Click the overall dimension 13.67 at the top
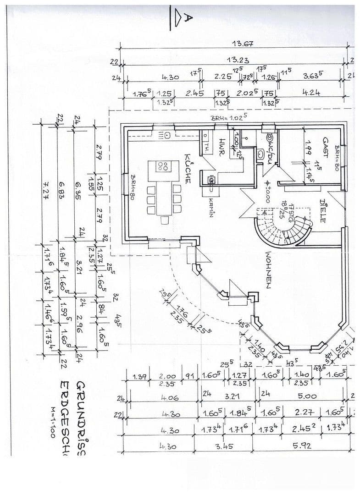coord(243,44)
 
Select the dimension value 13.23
coord(238,60)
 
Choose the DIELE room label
coord(322,210)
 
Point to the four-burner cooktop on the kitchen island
coord(162,166)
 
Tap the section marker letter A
coord(188,17)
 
